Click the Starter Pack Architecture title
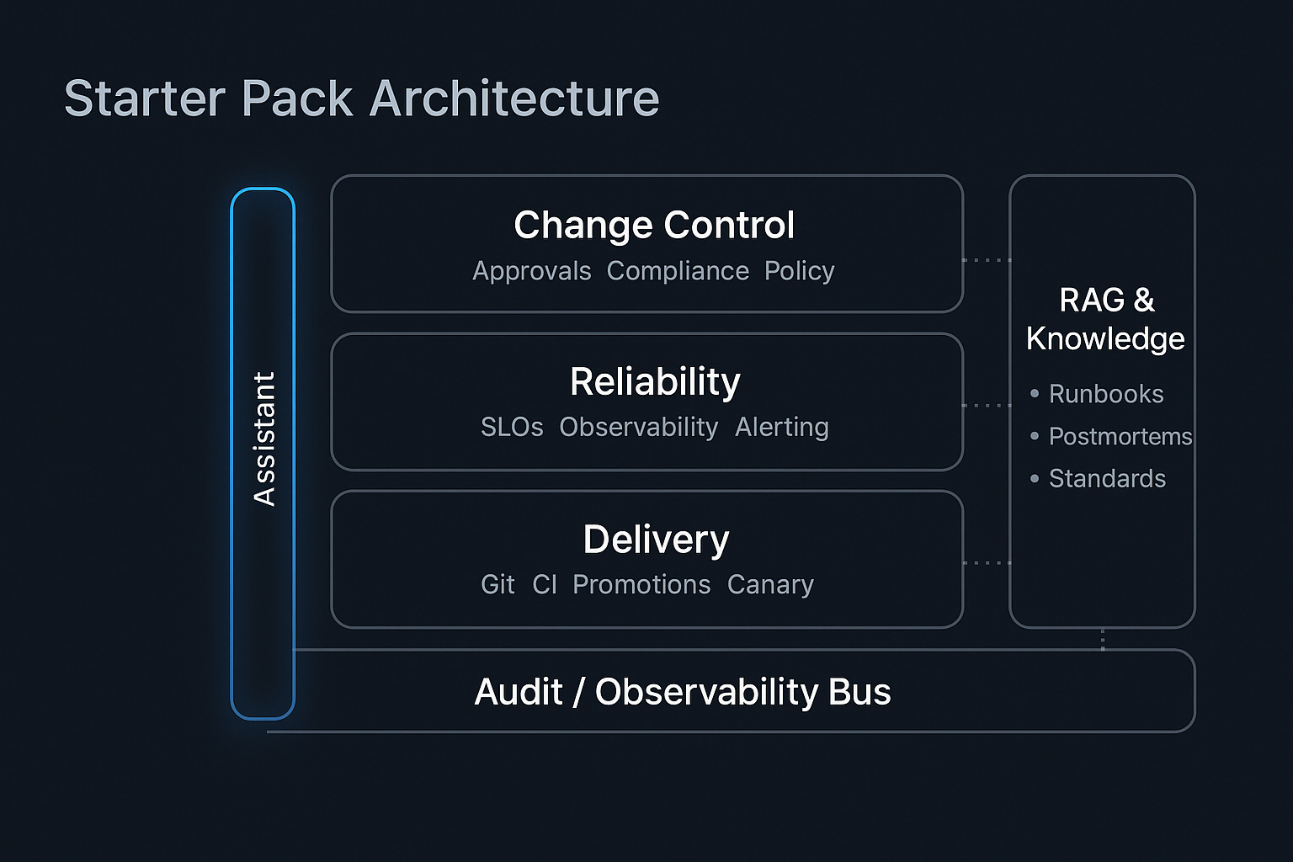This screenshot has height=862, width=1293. pyautogui.click(x=361, y=98)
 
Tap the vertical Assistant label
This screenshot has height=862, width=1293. pyautogui.click(x=264, y=439)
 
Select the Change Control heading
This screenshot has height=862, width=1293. pyautogui.click(x=654, y=225)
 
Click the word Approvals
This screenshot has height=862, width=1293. pyautogui.click(x=531, y=271)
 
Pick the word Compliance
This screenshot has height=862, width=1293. pyautogui.click(x=678, y=271)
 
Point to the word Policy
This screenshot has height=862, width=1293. pyautogui.click(x=799, y=271)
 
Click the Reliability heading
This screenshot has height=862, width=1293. pyautogui.click(x=655, y=381)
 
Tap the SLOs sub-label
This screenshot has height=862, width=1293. pyautogui.click(x=512, y=428)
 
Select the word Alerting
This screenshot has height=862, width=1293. pyautogui.click(x=781, y=428)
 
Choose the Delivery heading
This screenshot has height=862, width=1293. pyautogui.click(x=656, y=539)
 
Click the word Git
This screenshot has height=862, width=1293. pyautogui.click(x=498, y=584)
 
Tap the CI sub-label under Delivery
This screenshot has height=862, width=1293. pyautogui.click(x=545, y=584)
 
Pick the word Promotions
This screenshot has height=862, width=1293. pyautogui.click(x=641, y=584)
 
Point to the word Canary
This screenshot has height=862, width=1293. pyautogui.click(x=770, y=584)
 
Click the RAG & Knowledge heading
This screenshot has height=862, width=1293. pyautogui.click(x=1105, y=319)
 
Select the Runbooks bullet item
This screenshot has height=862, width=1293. pyautogui.click(x=1105, y=394)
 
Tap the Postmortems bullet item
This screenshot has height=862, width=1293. pyautogui.click(x=1120, y=436)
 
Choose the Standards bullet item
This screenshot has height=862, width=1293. pyautogui.click(x=1107, y=478)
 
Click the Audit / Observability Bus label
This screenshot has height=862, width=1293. pyautogui.click(x=683, y=692)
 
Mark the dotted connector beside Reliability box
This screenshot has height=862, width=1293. pyautogui.click(x=987, y=406)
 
